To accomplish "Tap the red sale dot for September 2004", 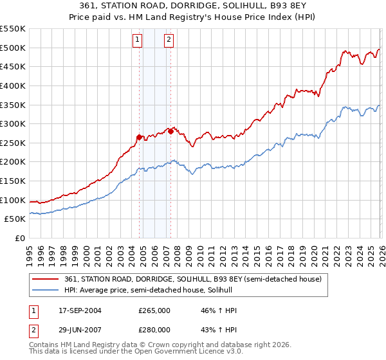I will click(x=139, y=137).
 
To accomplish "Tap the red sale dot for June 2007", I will click(x=170, y=131).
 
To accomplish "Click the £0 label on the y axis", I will click(x=21, y=239).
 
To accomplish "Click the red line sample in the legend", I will click(x=46, y=279).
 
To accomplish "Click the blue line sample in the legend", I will click(x=46, y=291).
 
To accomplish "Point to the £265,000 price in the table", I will click(x=154, y=310).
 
